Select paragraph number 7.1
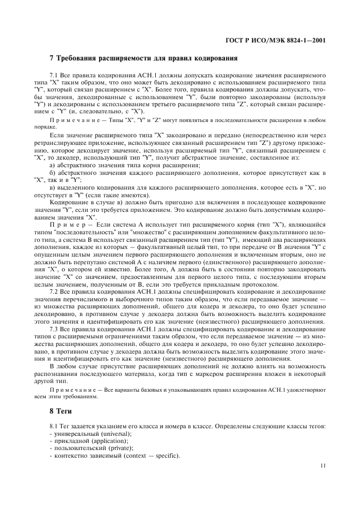click(x=53, y=72)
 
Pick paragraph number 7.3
click(x=53, y=330)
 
